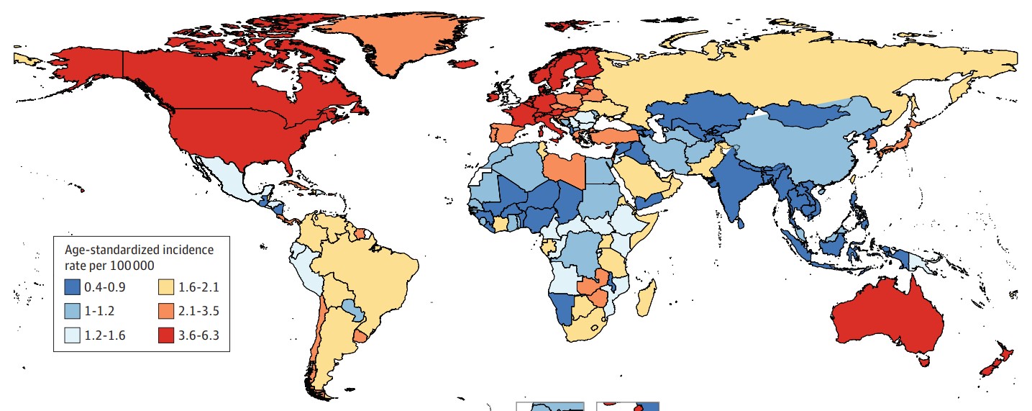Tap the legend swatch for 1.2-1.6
(x=72, y=335)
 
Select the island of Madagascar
(x=645, y=295)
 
